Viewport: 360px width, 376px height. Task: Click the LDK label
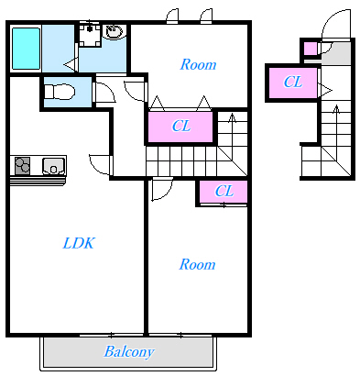[79, 243]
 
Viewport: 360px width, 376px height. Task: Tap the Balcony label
[129, 352]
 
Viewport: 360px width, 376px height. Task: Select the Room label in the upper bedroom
[198, 64]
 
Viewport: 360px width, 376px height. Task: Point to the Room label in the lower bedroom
[197, 264]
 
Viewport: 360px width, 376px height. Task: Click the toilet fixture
[60, 92]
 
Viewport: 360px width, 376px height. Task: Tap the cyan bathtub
[26, 49]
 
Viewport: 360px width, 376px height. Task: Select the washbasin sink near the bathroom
[115, 31]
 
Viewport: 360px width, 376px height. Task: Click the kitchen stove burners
[23, 166]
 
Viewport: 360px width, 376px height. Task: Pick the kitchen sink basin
[53, 166]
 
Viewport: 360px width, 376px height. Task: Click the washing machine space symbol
[90, 34]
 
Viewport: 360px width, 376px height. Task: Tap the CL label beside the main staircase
[181, 126]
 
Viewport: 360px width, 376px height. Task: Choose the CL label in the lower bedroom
[224, 192]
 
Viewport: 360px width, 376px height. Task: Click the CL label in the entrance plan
[293, 82]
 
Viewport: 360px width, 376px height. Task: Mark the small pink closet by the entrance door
[311, 49]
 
